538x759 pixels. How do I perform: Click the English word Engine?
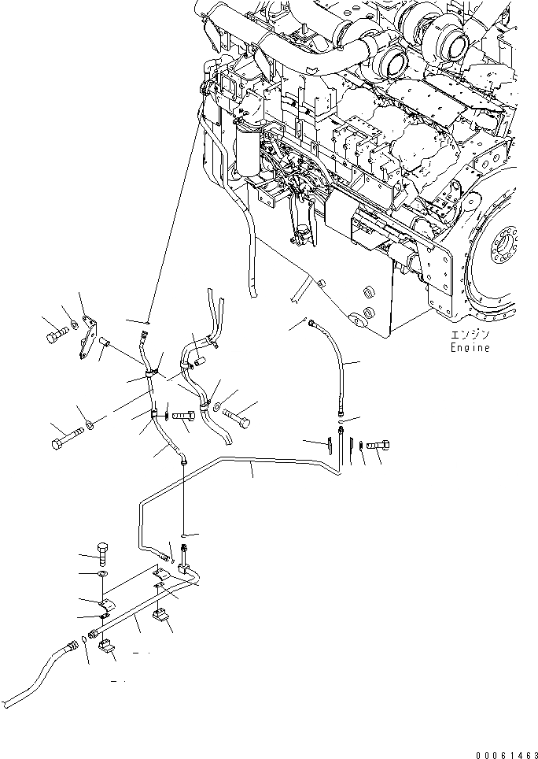(x=470, y=348)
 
